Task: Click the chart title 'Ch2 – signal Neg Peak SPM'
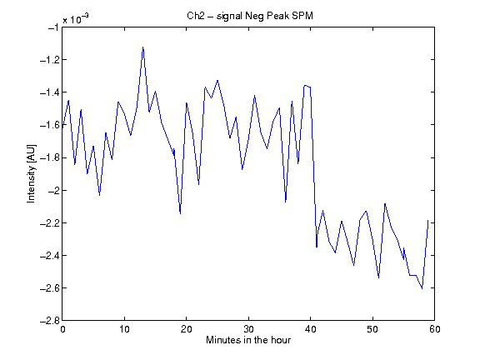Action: pos(250,15)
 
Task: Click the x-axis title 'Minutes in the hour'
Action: pos(248,340)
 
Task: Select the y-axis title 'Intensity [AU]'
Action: pos(31,173)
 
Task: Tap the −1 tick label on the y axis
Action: pos(53,27)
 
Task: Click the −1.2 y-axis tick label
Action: pos(49,60)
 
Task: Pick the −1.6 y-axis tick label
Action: pos(49,125)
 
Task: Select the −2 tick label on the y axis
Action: pos(53,190)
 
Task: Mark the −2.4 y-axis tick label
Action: pos(49,256)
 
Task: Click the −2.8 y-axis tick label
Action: pos(49,321)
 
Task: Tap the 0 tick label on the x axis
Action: pos(62,329)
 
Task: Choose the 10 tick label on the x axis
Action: pos(125,329)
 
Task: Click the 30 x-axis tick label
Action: pos(248,329)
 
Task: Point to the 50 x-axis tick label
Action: pos(372,329)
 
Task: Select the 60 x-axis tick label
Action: pos(435,329)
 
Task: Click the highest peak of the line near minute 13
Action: pos(143,47)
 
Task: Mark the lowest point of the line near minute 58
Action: pos(422,288)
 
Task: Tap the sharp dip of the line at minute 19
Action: pos(180,213)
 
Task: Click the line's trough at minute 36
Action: pos(286,202)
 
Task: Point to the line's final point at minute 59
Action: pos(428,220)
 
